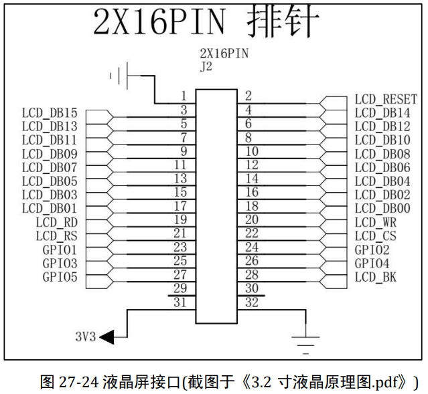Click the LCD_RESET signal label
click(385, 100)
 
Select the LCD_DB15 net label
click(50, 113)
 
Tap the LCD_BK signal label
click(375, 277)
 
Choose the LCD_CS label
click(375, 235)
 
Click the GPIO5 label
click(60, 277)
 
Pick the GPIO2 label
click(372, 250)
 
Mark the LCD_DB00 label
click(382, 209)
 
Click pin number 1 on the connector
click(183, 96)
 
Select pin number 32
click(252, 302)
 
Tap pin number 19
click(180, 219)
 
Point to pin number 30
click(252, 288)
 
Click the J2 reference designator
click(206, 67)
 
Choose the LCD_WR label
click(375, 222)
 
